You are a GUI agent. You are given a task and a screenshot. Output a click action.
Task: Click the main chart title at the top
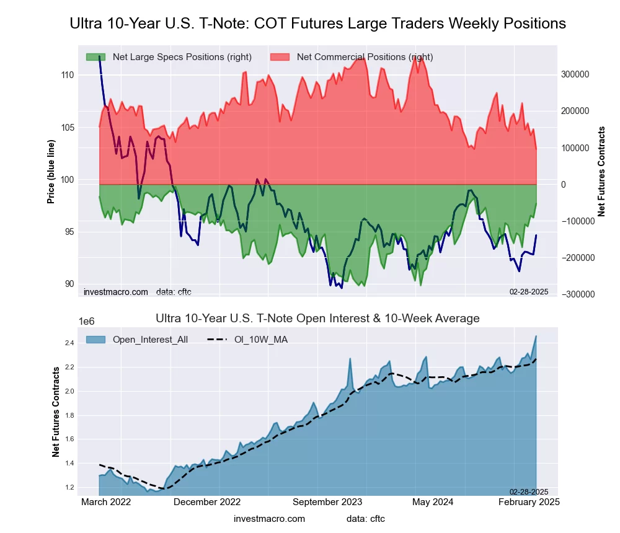pyautogui.click(x=317, y=24)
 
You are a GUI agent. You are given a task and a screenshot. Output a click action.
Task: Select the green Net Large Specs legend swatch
pyautogui.click(x=96, y=57)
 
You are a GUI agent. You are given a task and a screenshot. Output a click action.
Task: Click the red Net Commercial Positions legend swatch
pyautogui.click(x=280, y=57)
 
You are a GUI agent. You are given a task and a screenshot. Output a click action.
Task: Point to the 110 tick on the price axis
pyautogui.click(x=67, y=75)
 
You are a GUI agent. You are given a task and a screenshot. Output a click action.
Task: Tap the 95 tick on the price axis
pyautogui.click(x=67, y=232)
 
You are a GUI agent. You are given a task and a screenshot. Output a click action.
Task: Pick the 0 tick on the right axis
pyautogui.click(x=564, y=185)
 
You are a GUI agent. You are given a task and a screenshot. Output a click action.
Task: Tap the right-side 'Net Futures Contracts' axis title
pyautogui.click(x=601, y=172)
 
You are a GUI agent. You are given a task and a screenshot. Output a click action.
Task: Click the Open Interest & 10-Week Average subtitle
pyautogui.click(x=318, y=319)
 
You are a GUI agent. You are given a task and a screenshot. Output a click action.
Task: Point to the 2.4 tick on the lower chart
pyautogui.click(x=69, y=343)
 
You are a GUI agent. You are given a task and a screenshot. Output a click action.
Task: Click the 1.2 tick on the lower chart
pyautogui.click(x=69, y=487)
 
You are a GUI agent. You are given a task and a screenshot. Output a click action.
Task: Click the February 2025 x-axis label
pyautogui.click(x=529, y=502)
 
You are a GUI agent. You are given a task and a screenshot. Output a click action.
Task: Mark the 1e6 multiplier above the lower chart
pyautogui.click(x=86, y=322)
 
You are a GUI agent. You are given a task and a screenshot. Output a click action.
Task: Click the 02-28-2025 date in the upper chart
pyautogui.click(x=529, y=291)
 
